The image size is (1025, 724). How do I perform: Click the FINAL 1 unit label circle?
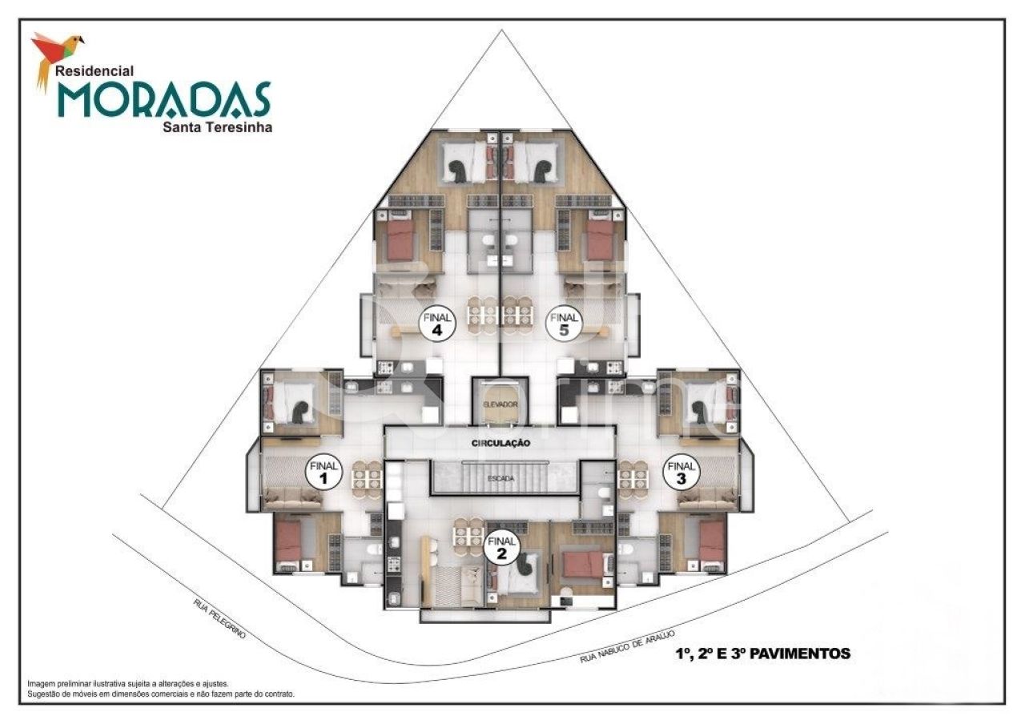324,473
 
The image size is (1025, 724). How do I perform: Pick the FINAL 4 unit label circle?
438,323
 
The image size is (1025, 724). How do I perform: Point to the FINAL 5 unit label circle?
564,323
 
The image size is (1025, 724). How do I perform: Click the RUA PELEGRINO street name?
219,617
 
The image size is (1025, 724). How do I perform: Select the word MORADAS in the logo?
163,100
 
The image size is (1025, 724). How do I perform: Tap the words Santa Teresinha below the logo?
217,126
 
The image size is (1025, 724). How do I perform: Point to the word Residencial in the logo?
94,70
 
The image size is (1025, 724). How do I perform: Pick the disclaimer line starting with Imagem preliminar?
128,684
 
